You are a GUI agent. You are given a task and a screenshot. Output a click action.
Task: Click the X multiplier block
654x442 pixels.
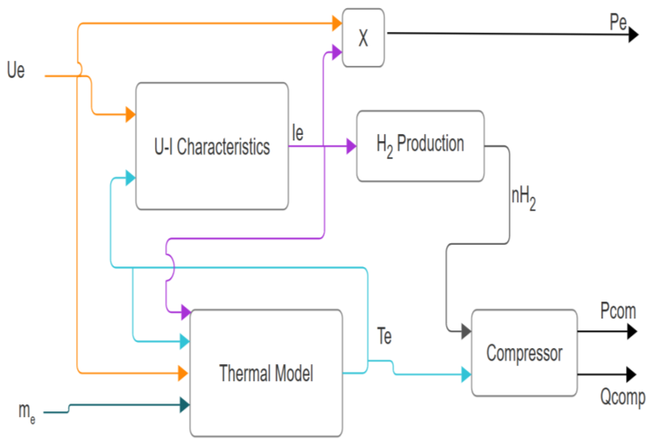click(363, 38)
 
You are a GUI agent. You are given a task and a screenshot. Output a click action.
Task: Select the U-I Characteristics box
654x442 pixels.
click(212, 147)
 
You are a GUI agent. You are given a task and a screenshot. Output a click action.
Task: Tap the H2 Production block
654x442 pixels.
click(420, 146)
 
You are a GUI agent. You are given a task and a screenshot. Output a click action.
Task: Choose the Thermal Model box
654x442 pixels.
click(266, 372)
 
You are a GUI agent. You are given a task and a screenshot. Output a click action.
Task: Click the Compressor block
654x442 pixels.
click(524, 353)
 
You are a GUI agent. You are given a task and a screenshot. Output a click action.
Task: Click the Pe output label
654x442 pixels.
click(618, 22)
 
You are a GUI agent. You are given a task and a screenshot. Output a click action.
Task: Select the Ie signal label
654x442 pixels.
click(298, 133)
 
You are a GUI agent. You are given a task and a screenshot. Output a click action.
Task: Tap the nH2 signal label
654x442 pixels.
click(523, 197)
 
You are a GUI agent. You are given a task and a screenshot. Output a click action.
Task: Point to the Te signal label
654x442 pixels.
click(384, 337)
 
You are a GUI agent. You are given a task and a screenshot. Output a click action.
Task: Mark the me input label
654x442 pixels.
click(26, 412)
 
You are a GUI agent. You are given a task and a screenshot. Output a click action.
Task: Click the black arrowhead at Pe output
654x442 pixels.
click(633, 34)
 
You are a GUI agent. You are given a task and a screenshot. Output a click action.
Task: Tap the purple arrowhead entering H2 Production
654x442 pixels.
click(351, 147)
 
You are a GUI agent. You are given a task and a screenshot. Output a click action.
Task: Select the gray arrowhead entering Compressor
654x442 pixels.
click(465, 330)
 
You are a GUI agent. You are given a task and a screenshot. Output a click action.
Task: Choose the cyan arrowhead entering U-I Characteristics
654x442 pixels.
click(130, 180)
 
